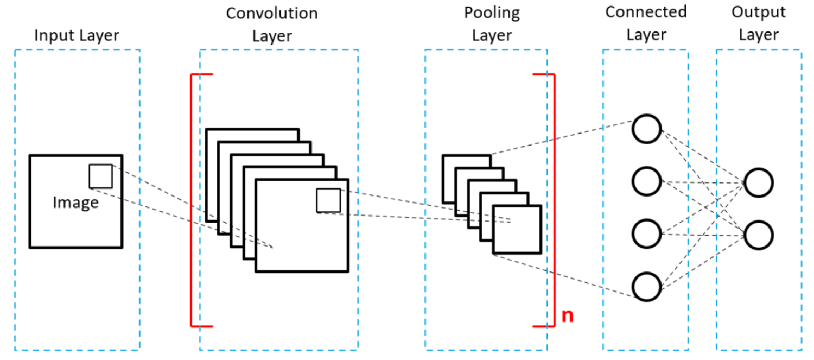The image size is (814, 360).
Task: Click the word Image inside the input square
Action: (75, 203)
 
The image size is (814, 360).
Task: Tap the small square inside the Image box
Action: (100, 176)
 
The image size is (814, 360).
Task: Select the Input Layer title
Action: (77, 35)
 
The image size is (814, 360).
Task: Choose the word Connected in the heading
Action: (646, 12)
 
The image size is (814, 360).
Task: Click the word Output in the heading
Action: (759, 12)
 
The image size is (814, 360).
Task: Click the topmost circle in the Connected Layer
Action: (646, 129)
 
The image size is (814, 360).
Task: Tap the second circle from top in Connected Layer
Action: (646, 181)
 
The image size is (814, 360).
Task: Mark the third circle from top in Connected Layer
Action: (646, 233)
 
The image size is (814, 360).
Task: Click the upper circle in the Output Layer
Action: (759, 183)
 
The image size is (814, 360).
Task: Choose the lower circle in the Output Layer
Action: (759, 235)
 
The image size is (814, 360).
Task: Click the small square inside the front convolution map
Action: (328, 200)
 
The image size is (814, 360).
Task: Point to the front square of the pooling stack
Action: (517, 229)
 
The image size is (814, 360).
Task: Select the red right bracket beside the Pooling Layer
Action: (554, 200)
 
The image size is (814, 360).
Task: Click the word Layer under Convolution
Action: (272, 36)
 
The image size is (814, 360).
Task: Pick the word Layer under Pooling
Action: (492, 36)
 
